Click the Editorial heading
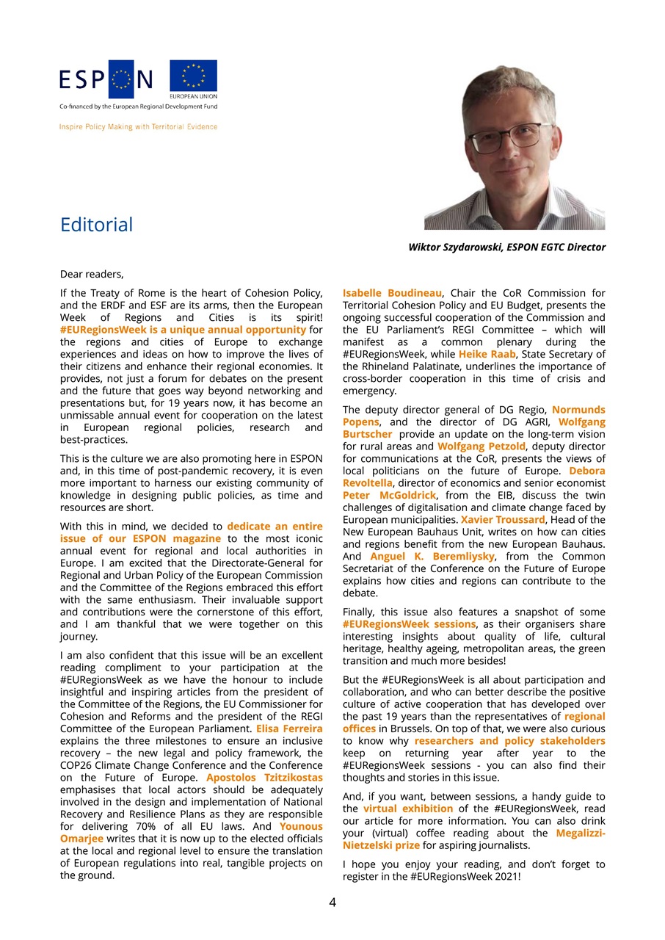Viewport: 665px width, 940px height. coord(96,225)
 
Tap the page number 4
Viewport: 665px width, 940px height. coord(332,903)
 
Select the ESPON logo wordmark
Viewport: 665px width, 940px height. coord(106,79)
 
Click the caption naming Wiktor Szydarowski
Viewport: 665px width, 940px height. coord(506,247)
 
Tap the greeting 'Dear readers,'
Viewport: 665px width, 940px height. coord(92,275)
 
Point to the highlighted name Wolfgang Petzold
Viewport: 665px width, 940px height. coord(481,446)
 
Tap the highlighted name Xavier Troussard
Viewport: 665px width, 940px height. coord(503,520)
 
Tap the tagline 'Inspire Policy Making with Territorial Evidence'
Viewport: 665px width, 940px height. coord(138,127)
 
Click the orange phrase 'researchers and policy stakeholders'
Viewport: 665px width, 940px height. coord(509,741)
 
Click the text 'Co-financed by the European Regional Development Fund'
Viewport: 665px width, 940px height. coord(138,106)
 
